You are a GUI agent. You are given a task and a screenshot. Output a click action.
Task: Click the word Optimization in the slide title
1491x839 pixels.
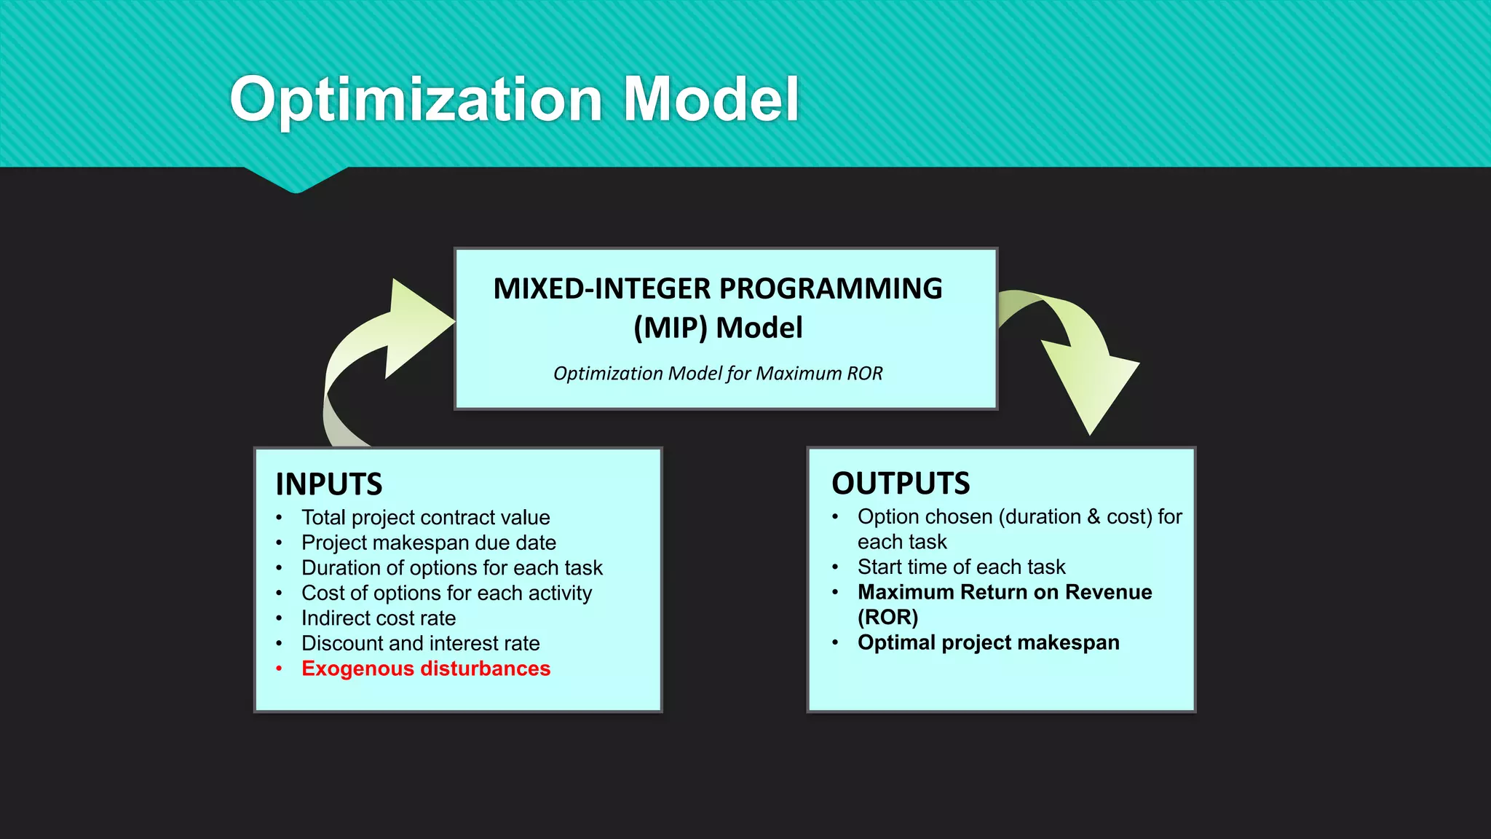[x=416, y=100]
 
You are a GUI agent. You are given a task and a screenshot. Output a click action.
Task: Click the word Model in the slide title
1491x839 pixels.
[x=711, y=100]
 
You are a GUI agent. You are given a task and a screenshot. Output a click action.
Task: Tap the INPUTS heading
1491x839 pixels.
[x=329, y=484]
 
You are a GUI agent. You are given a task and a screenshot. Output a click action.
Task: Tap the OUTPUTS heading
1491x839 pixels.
[x=901, y=484]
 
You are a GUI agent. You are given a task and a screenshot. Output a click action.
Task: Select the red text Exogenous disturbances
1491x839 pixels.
[x=426, y=669]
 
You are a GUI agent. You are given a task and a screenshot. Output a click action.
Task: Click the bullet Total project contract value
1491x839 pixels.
[x=426, y=518]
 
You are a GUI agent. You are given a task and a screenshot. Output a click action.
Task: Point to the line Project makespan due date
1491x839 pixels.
[x=429, y=543]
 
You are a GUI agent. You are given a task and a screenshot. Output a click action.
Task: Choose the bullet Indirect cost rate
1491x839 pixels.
[x=379, y=618]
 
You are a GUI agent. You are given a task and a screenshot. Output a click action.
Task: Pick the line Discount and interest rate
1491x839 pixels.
[x=421, y=644]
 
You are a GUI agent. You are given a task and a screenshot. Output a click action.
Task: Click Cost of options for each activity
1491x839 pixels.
[x=446, y=593]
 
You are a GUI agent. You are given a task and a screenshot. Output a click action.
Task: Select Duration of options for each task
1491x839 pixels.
[x=452, y=568]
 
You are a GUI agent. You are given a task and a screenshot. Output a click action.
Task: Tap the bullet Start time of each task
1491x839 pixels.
[x=961, y=567]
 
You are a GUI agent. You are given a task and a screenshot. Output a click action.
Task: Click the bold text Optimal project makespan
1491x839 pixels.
[x=988, y=643]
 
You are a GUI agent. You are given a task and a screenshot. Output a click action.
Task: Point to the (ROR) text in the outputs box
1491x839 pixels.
[x=887, y=618]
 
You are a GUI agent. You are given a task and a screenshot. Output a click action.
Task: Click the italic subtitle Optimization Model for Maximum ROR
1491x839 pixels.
[x=718, y=374]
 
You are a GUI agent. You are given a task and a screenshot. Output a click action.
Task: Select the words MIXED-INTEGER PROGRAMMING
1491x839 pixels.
[x=718, y=289]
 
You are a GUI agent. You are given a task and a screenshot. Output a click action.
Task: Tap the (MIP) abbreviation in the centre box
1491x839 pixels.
[x=671, y=328]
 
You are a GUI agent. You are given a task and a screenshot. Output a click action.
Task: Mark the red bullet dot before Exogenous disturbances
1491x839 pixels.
[x=279, y=669]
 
